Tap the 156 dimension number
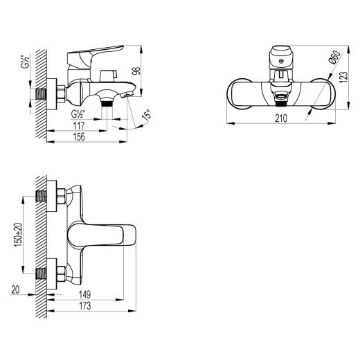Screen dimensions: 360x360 point(81,137)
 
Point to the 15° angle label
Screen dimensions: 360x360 point(145,116)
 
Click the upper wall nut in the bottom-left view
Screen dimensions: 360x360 point(60,198)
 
